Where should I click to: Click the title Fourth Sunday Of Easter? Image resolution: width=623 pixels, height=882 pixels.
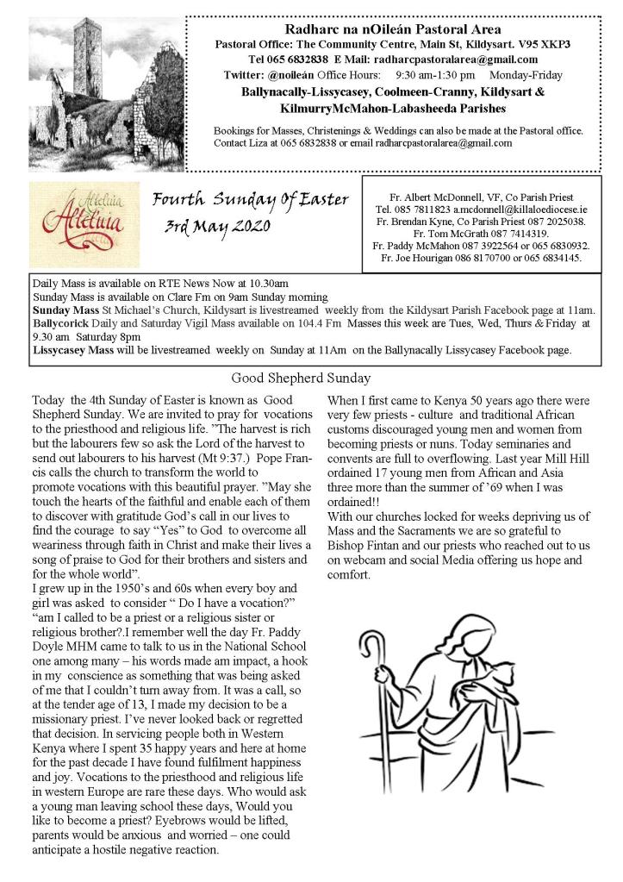(x=250, y=201)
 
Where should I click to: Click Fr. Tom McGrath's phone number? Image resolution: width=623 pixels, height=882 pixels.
(x=518, y=234)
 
